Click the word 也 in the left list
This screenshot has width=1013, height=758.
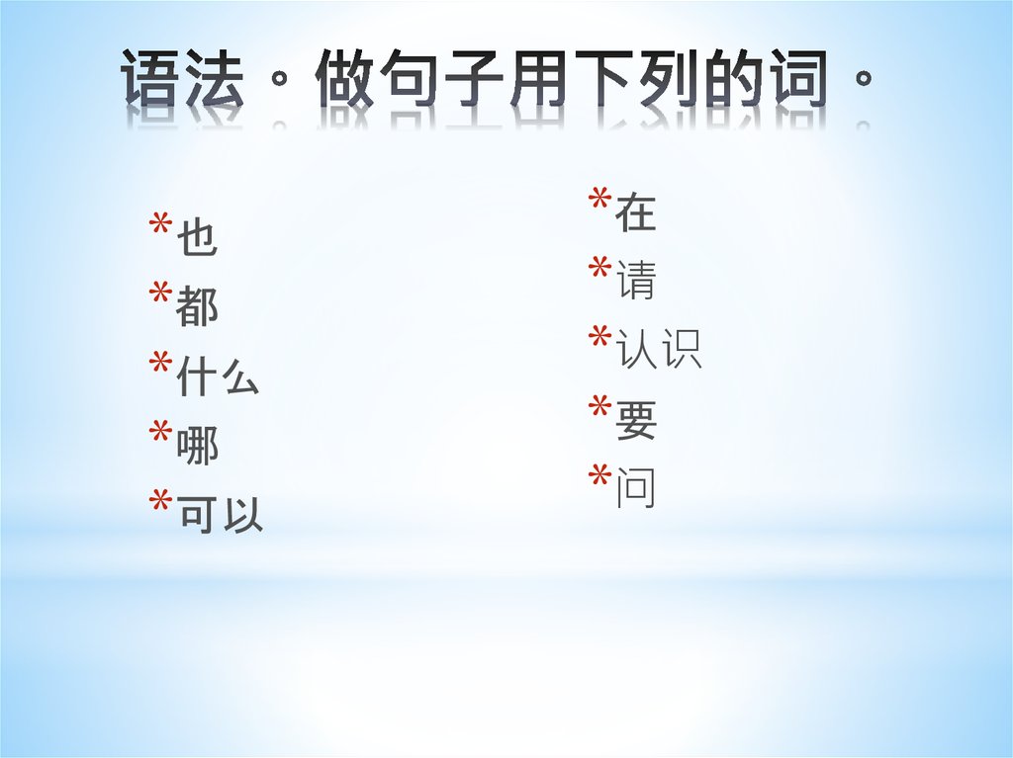(197, 240)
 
